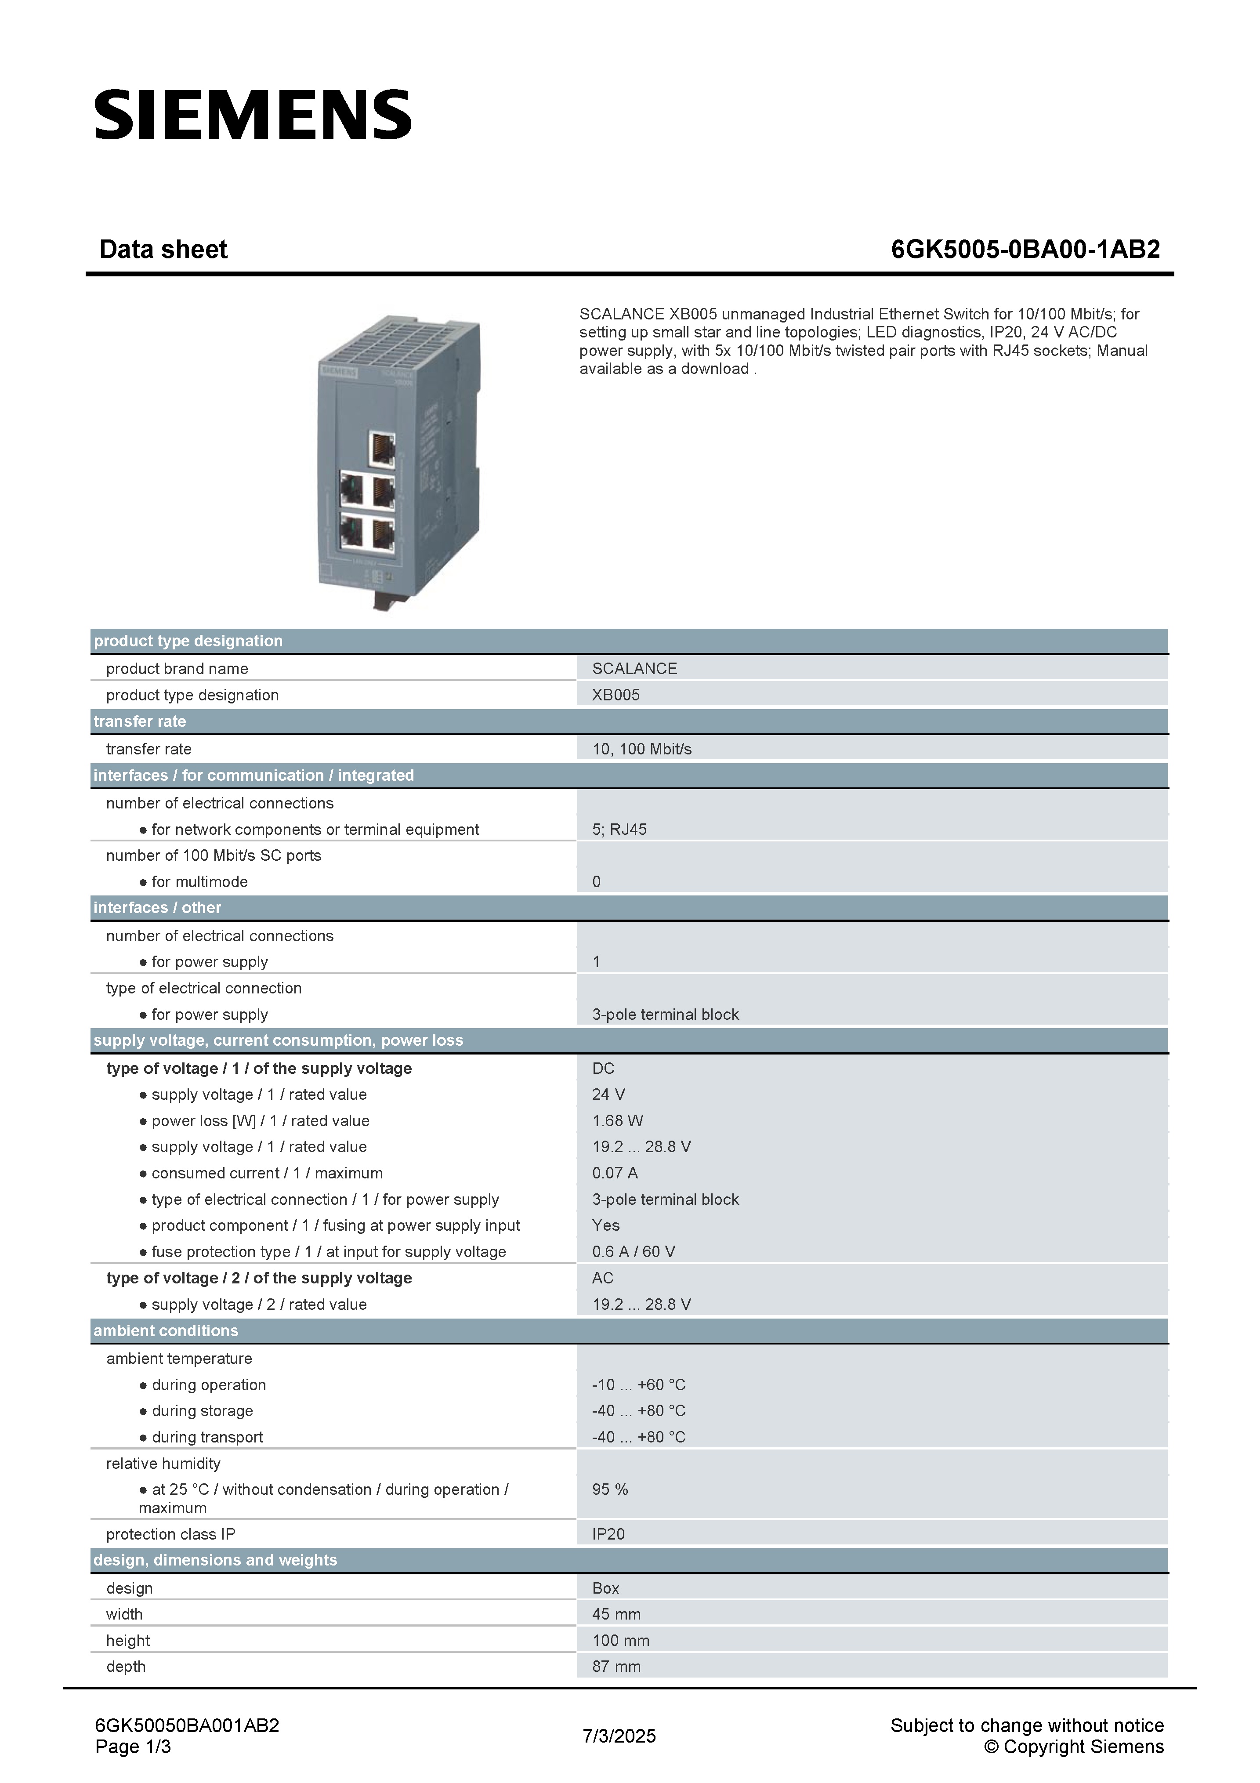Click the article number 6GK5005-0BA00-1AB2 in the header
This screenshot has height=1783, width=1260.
(x=1025, y=249)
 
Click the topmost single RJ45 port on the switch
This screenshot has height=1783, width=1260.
(x=381, y=449)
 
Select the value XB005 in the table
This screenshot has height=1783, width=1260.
(x=616, y=695)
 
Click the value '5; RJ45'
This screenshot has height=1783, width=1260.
(x=619, y=830)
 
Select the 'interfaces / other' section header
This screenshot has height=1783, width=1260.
(x=158, y=908)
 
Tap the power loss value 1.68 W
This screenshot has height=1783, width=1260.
(x=617, y=1120)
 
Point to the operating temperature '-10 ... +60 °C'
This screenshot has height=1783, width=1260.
(x=638, y=1384)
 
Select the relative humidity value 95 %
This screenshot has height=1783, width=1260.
(x=609, y=1489)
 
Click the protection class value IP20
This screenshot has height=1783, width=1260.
(x=608, y=1534)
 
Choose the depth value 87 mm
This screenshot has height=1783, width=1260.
(x=616, y=1667)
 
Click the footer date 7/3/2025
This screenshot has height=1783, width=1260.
(x=619, y=1736)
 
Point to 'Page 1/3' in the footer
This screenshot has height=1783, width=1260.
(x=133, y=1747)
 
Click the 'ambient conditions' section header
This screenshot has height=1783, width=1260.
(x=165, y=1331)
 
